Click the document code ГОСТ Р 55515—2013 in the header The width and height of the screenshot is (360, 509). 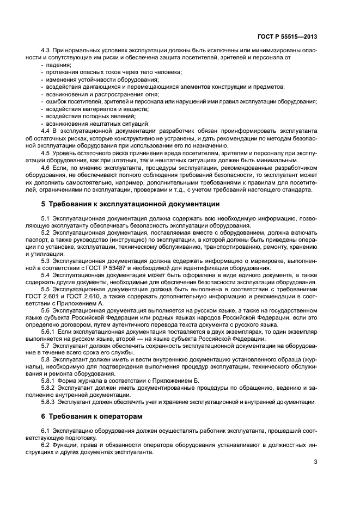pos(286,37)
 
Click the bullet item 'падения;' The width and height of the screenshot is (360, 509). pos(56,65)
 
